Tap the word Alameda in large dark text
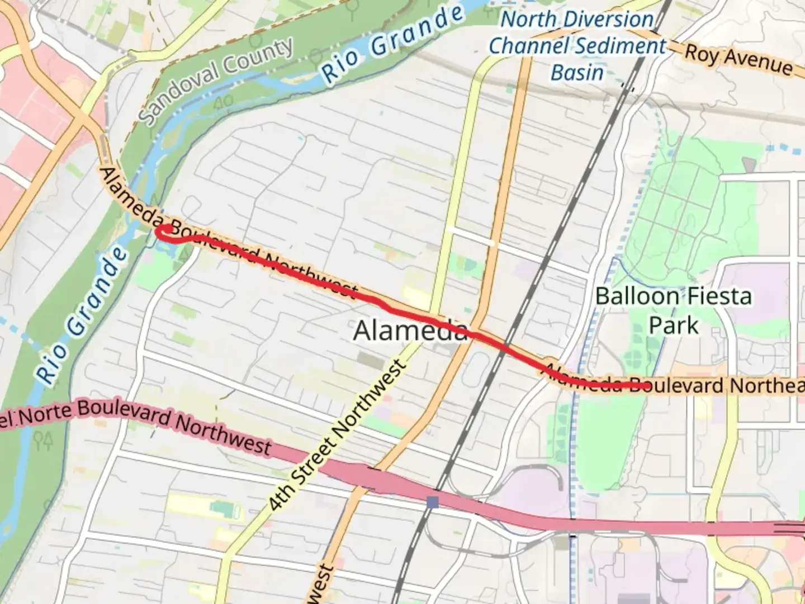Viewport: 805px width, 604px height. pyautogui.click(x=410, y=331)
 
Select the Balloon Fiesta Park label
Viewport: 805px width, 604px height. pyautogui.click(x=673, y=310)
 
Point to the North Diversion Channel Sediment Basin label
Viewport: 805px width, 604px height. pyautogui.click(x=577, y=46)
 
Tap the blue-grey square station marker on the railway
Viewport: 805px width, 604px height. pyautogui.click(x=432, y=502)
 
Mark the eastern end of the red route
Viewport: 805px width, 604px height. pyautogui.click(x=646, y=385)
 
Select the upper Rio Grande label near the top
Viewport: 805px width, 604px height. pyautogui.click(x=393, y=44)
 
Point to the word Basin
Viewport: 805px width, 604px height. pyautogui.click(x=577, y=73)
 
